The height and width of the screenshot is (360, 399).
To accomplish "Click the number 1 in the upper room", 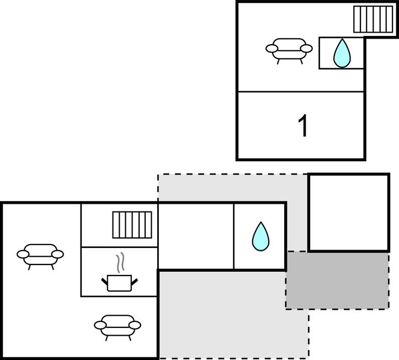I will (x=302, y=126).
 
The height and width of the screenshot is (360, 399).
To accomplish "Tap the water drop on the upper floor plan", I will (x=342, y=53).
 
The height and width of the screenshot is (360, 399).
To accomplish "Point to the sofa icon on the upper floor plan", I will (x=289, y=49).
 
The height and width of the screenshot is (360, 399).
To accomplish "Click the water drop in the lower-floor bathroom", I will (x=260, y=236).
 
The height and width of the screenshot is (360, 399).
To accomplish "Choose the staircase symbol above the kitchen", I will (x=132, y=225).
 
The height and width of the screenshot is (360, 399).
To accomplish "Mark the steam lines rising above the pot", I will (x=120, y=262).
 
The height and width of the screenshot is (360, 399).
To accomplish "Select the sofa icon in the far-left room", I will (x=40, y=255).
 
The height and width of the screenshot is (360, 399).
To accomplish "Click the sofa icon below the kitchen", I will (x=118, y=325).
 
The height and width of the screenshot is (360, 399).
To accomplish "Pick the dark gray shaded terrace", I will (x=337, y=280).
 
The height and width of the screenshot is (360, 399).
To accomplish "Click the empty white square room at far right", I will (x=348, y=213).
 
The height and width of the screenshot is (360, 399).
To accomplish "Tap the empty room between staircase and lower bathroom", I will (x=196, y=236).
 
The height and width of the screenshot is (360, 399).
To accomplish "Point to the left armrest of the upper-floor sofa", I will (x=272, y=49).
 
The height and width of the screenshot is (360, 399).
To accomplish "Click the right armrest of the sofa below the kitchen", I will (x=134, y=325).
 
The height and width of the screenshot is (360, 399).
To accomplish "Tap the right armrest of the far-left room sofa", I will (x=57, y=255).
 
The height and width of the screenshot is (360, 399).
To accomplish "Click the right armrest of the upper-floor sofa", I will (x=305, y=49).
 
